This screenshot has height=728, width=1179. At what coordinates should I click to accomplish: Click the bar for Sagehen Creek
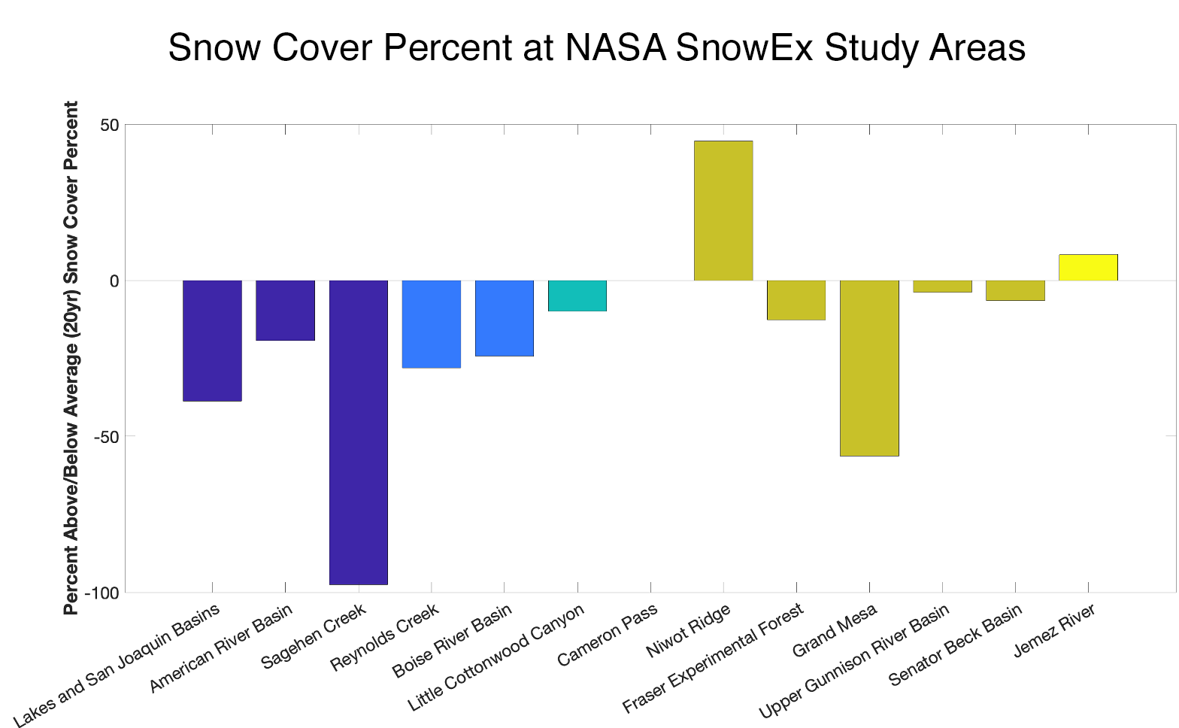[359, 432]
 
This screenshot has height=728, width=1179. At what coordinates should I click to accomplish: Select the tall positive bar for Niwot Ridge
[723, 211]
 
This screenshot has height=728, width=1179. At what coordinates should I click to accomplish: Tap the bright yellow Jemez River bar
[1087, 268]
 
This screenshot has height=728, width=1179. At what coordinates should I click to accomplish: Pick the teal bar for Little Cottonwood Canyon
[577, 296]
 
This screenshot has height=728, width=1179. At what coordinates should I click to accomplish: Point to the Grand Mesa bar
[868, 368]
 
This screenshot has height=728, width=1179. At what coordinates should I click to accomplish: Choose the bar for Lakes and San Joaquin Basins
[212, 341]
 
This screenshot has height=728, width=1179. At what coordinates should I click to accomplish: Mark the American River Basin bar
[285, 311]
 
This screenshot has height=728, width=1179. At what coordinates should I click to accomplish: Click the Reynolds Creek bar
[431, 324]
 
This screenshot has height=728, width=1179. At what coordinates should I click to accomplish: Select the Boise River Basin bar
[504, 318]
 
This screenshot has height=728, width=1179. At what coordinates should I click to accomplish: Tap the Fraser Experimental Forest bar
[796, 300]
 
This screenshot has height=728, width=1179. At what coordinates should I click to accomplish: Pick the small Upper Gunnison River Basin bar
[941, 287]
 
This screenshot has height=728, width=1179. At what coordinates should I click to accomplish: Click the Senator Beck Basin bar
[1014, 290]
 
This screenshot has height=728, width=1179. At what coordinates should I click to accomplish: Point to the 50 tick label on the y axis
[109, 125]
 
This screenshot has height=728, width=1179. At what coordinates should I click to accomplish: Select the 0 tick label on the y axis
[114, 281]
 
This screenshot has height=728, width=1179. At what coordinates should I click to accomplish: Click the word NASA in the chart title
[614, 48]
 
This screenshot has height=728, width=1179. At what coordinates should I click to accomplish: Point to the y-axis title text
[71, 357]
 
